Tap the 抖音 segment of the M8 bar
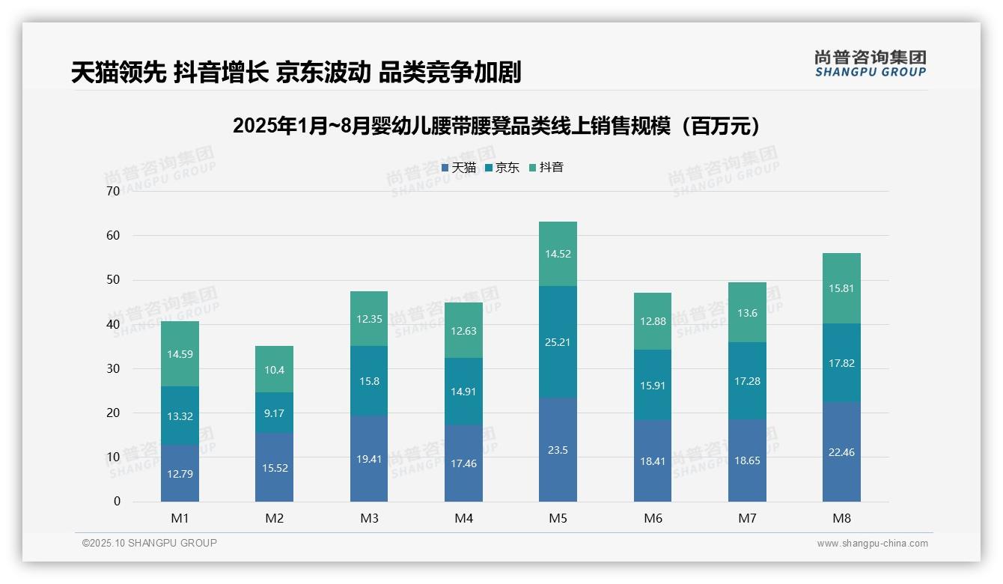(x=841, y=288)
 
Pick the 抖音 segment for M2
(x=274, y=369)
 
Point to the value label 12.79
(x=180, y=474)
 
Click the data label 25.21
(x=558, y=342)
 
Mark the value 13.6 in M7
(x=747, y=313)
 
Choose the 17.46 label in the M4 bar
(x=463, y=463)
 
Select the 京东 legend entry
(x=502, y=168)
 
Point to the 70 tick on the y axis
(x=113, y=191)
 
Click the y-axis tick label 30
(x=113, y=368)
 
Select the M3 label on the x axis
(x=369, y=518)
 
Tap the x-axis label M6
(x=653, y=518)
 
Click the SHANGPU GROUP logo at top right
(x=870, y=64)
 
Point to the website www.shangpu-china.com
(x=872, y=544)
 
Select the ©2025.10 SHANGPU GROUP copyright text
(x=150, y=544)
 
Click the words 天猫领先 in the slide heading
(x=118, y=73)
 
